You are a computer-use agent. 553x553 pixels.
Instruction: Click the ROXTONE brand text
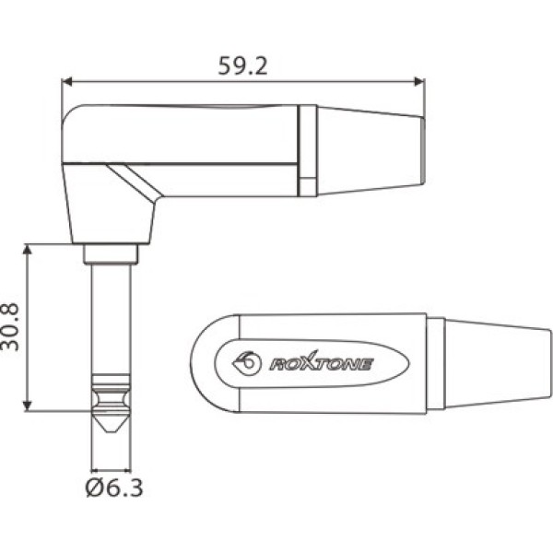tap(320, 364)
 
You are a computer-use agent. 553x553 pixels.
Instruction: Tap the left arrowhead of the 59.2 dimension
tap(65, 81)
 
